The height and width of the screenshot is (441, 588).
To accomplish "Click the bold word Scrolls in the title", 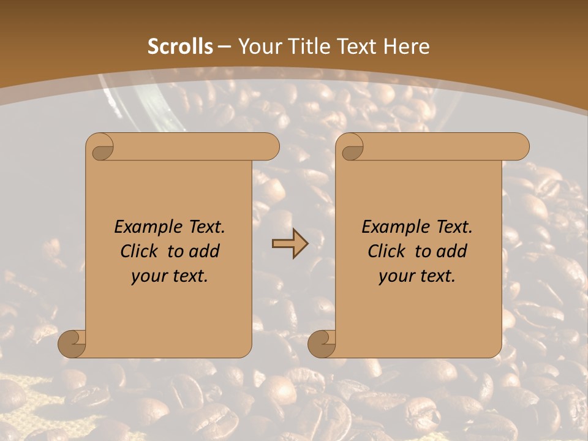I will tap(181, 47).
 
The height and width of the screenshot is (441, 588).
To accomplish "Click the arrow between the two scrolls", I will tap(290, 244).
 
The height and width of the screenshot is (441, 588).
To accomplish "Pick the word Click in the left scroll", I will tap(141, 251).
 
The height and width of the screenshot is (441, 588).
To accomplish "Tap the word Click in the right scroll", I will tap(389, 251).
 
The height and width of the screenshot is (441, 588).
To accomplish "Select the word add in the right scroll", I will tap(453, 251).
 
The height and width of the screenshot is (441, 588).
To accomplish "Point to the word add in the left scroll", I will tap(206, 251).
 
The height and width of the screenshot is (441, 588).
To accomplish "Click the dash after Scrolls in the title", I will tap(224, 47).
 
